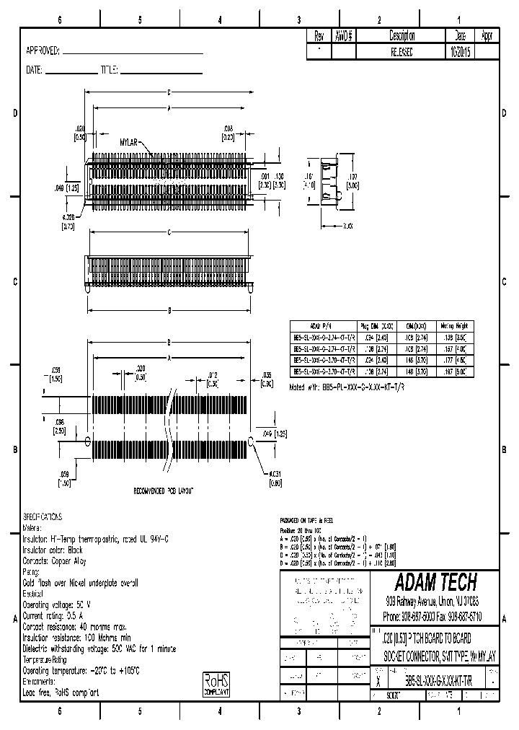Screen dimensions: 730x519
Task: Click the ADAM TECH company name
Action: tap(435, 582)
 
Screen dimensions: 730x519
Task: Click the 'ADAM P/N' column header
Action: tap(319, 326)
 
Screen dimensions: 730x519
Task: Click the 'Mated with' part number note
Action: tap(347, 387)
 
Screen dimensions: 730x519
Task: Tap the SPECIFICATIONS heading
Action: tap(43, 517)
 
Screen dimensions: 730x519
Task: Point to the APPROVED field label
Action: tap(43, 50)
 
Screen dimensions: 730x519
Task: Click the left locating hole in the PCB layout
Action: tap(88, 440)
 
